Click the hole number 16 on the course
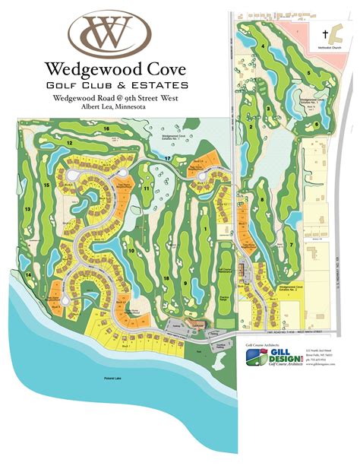[x=107, y=130]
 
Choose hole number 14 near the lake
[x=28, y=274]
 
